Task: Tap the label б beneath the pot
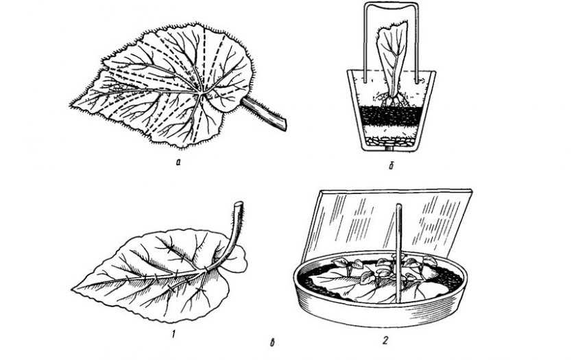click(x=392, y=166)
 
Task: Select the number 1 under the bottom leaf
click(x=173, y=334)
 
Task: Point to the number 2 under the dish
click(x=385, y=341)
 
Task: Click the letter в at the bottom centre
click(x=272, y=343)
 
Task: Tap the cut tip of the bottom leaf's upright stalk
click(x=239, y=204)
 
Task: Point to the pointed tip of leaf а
click(x=71, y=106)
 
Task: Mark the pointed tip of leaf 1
click(x=73, y=289)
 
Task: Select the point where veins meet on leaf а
click(x=201, y=95)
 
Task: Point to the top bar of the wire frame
click(x=392, y=5)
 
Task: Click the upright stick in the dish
click(x=398, y=254)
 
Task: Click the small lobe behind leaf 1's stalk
click(x=239, y=260)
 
